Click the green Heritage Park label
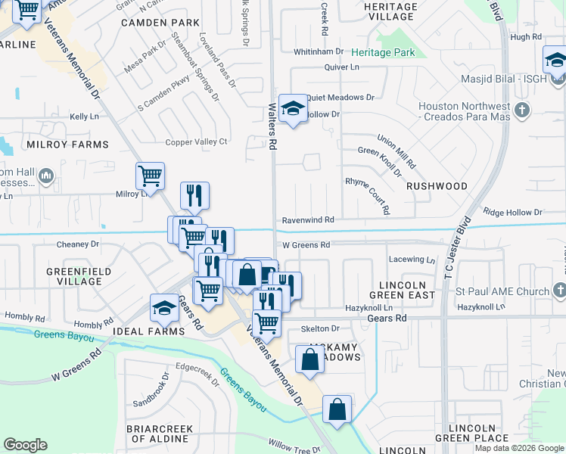point(383,52)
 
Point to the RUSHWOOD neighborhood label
point(437,185)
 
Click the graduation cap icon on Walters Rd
point(292,108)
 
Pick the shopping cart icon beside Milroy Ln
point(150,176)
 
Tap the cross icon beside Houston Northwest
point(521,111)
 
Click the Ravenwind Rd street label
point(308,219)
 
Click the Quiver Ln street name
point(341,67)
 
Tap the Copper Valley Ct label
point(197,141)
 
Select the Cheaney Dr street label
point(78,244)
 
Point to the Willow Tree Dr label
point(294,449)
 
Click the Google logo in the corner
point(25,445)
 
